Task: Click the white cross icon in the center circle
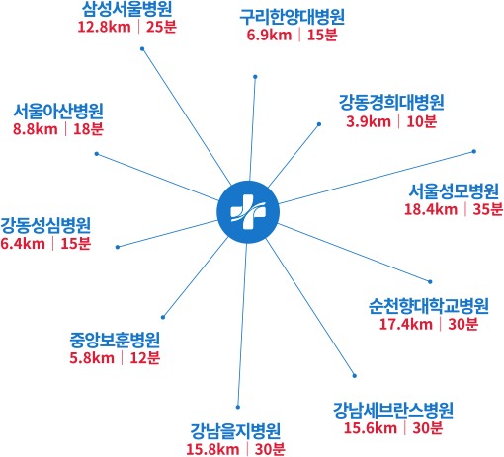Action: (248, 212)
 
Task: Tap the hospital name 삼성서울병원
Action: (126, 9)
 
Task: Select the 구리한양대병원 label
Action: (292, 17)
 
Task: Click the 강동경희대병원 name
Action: (391, 103)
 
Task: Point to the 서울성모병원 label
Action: (454, 190)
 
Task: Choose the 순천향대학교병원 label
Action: (429, 306)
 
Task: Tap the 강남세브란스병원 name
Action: (393, 410)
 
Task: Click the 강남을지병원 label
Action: (235, 431)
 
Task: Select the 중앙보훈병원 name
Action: (115, 341)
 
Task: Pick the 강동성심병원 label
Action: (45, 225)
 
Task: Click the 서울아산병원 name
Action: (58, 111)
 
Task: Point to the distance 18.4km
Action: (431, 209)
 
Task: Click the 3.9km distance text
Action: (369, 121)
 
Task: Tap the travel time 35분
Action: (488, 209)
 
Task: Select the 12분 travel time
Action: (145, 358)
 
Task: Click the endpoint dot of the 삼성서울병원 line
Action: (142, 49)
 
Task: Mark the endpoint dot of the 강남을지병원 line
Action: (238, 407)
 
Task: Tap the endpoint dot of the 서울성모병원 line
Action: (474, 151)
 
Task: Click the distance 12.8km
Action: (104, 27)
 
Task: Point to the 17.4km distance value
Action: (406, 324)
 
